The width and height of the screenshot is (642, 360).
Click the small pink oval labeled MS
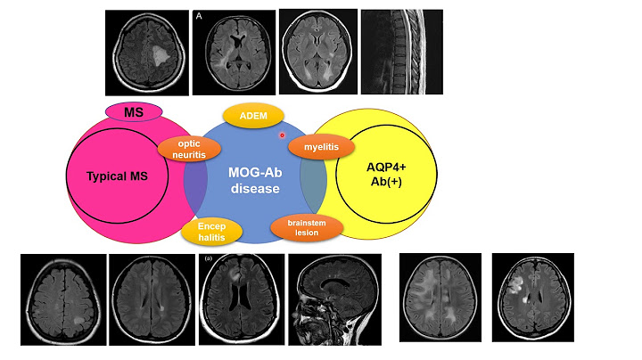click(x=134, y=111)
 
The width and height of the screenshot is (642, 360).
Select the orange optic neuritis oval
click(x=189, y=149)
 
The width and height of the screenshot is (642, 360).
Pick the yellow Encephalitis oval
click(x=212, y=232)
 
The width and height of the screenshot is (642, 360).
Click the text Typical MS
click(x=117, y=176)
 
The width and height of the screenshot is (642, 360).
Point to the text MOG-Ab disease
click(x=255, y=181)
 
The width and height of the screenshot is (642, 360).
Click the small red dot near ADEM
click(x=282, y=135)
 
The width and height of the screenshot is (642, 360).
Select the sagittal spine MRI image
click(x=401, y=52)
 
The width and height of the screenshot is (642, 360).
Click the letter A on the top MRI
click(x=199, y=15)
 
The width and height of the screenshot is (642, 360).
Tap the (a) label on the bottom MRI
click(x=209, y=259)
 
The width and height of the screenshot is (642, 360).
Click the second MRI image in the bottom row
click(x=150, y=299)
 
